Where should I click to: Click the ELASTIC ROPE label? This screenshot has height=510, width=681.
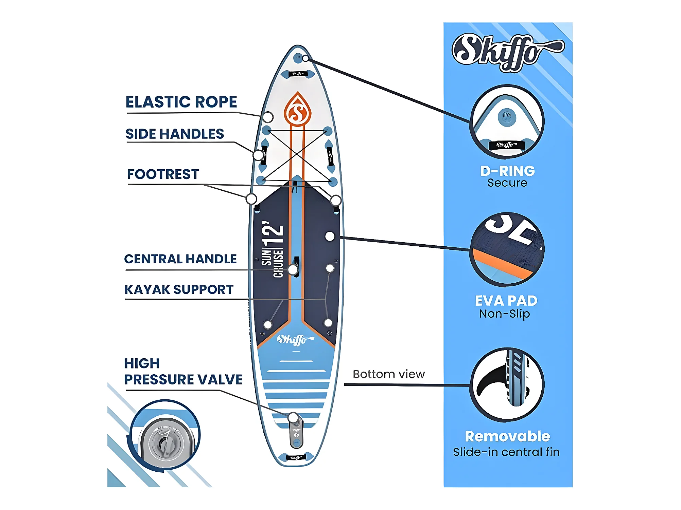click(181, 102)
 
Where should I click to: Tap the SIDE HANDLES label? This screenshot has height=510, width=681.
click(175, 134)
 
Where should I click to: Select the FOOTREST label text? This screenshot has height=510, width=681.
click(163, 174)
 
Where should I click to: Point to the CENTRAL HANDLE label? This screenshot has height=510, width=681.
click(180, 259)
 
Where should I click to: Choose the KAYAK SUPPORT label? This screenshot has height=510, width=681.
click(179, 289)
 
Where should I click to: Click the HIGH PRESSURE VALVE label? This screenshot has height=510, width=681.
click(183, 372)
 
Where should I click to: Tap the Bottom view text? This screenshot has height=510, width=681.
click(389, 374)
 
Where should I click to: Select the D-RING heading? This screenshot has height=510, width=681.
click(507, 171)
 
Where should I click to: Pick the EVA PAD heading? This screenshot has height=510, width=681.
click(506, 301)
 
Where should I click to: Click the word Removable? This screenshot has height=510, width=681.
click(507, 436)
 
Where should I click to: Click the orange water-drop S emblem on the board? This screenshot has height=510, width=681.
click(298, 110)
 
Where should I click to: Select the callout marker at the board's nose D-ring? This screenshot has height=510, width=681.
click(305, 58)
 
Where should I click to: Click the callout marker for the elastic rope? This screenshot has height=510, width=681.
click(268, 117)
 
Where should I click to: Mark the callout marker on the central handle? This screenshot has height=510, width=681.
click(293, 270)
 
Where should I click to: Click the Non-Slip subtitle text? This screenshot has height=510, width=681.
click(505, 314)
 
